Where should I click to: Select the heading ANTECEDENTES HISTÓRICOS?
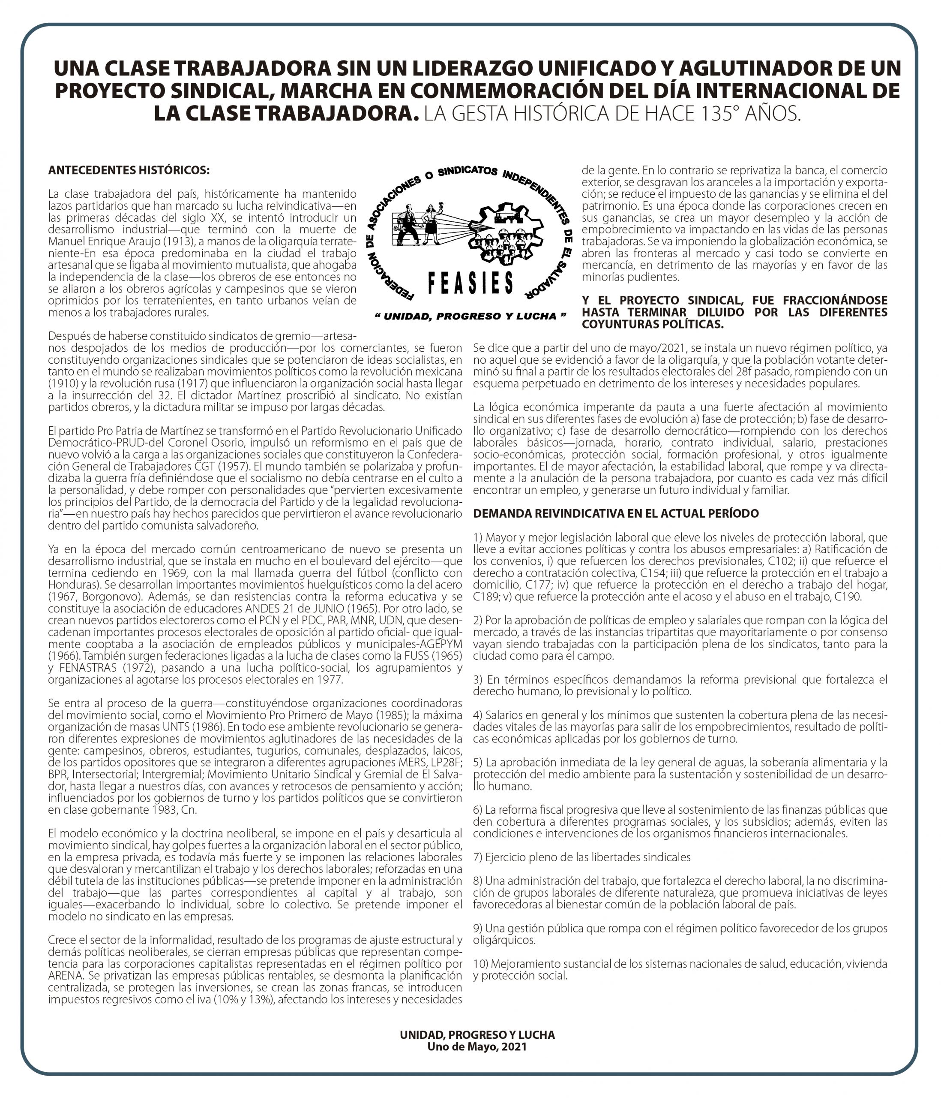[129, 170]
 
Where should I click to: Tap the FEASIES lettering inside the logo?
[470, 283]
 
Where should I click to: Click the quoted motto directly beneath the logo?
[470, 317]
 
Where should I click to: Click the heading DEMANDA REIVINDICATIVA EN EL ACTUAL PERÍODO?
[616, 513]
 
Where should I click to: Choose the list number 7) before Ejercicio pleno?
[478, 857]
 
